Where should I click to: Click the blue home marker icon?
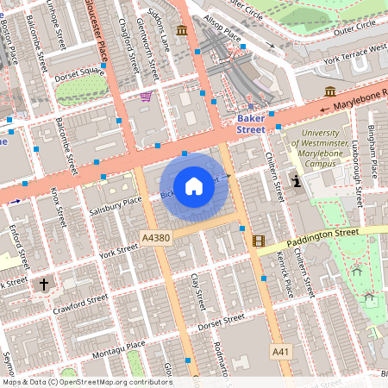pyautogui.click(x=194, y=185)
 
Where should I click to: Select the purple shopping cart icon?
pyautogui.click(x=146, y=96)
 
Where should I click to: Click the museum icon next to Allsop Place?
pyautogui.click(x=182, y=31)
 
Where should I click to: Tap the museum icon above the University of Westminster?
pyautogui.click(x=330, y=91)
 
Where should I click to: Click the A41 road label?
pyautogui.click(x=281, y=352)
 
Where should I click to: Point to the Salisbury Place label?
pyautogui.click(x=115, y=206)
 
